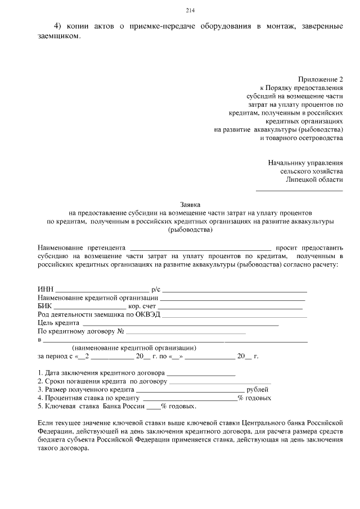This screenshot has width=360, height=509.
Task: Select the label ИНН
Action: (x=45, y=289)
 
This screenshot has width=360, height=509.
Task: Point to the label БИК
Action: (x=45, y=306)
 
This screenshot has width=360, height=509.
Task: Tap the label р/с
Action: (x=156, y=289)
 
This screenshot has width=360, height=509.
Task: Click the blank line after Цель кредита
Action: (x=180, y=325)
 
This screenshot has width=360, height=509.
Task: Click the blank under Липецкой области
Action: (x=299, y=191)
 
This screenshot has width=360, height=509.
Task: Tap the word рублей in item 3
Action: (x=258, y=389)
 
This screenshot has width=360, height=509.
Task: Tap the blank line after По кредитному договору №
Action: (x=186, y=334)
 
